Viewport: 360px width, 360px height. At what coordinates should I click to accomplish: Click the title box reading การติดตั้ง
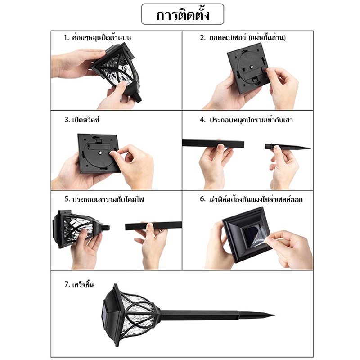pyautogui.click(x=183, y=14)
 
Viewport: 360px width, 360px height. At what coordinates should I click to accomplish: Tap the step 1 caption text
pyautogui.click(x=97, y=37)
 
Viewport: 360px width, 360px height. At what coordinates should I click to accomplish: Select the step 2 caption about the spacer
pyautogui.click(x=243, y=37)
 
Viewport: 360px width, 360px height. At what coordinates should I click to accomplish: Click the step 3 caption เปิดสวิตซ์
pyautogui.click(x=82, y=120)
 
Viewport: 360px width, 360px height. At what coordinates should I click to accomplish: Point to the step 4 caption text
pyautogui.click(x=246, y=120)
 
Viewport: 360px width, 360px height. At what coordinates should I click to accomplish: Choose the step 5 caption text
pyautogui.click(x=104, y=199)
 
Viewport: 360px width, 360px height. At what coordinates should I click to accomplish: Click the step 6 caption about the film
pyautogui.click(x=251, y=199)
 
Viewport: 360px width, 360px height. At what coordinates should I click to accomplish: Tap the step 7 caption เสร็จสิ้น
pyautogui.click(x=79, y=284)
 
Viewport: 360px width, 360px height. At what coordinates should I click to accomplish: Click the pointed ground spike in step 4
pyautogui.click(x=288, y=147)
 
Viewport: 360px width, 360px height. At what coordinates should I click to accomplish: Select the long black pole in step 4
pyautogui.click(x=213, y=144)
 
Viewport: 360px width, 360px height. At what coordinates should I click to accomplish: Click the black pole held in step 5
pyautogui.click(x=153, y=226)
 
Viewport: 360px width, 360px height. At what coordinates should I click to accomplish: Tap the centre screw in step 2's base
pyautogui.click(x=252, y=67)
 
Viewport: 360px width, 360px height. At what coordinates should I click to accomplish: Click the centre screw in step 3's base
pyautogui.click(x=100, y=153)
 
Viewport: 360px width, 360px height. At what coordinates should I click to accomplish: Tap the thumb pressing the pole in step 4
pyautogui.click(x=220, y=147)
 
